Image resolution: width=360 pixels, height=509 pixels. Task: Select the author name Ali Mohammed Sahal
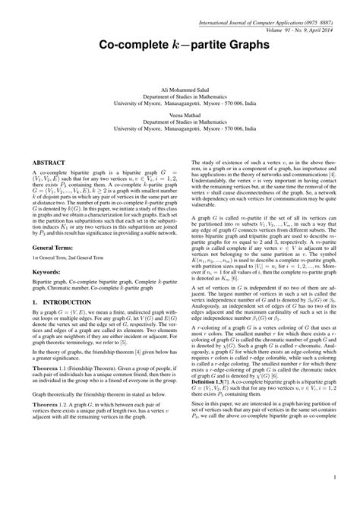(x=179, y=90)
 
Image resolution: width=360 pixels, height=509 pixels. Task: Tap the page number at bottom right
(x=334, y=477)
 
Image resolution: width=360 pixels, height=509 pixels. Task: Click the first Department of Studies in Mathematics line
(x=179, y=97)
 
